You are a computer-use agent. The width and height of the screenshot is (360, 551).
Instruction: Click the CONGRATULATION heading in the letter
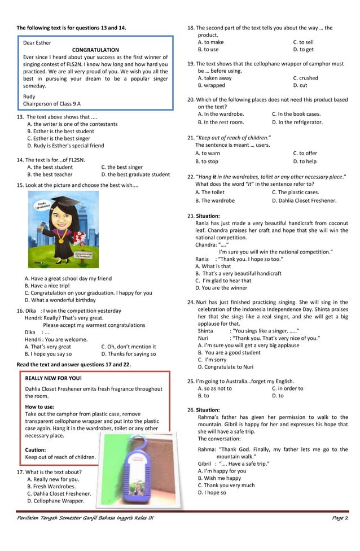[95, 50]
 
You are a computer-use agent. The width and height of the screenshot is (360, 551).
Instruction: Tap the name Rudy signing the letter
[29, 97]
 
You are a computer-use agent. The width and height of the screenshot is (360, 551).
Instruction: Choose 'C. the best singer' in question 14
[122, 167]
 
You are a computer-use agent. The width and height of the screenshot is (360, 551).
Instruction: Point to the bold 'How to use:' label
[39, 406]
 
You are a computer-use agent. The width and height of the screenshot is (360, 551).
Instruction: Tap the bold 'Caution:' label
[36, 450]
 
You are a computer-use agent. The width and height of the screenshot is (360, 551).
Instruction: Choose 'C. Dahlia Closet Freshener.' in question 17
[59, 493]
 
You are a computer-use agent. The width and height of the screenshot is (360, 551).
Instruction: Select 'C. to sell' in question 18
[303, 42]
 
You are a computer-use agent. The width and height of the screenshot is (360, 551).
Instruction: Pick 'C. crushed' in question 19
[305, 78]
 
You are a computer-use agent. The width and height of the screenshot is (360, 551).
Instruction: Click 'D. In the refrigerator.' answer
[297, 122]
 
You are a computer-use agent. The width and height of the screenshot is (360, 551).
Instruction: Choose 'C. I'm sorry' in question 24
[212, 360]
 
